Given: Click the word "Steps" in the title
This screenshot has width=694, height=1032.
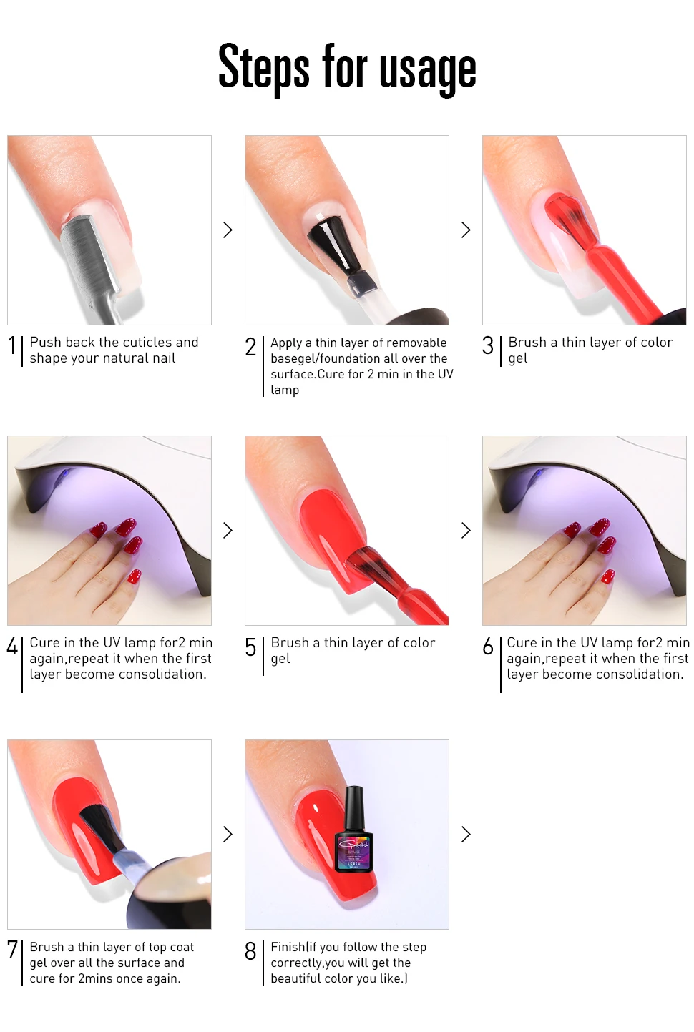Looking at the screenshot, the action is [x=263, y=66].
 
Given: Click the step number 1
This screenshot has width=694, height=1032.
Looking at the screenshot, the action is [x=12, y=345].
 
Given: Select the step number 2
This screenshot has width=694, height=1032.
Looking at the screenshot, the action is [x=250, y=347].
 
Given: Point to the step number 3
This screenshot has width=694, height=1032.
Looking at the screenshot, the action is [x=487, y=345].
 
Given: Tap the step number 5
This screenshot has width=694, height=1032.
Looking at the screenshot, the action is [x=250, y=647].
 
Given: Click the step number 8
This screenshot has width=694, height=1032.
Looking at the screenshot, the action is [x=250, y=951].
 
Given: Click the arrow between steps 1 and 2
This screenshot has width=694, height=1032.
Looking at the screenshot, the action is [x=228, y=230].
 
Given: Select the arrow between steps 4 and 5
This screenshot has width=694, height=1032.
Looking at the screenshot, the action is [x=228, y=530].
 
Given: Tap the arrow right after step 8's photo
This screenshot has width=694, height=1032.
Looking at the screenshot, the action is [x=466, y=835].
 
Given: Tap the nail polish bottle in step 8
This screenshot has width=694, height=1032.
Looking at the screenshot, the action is [x=354, y=829].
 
